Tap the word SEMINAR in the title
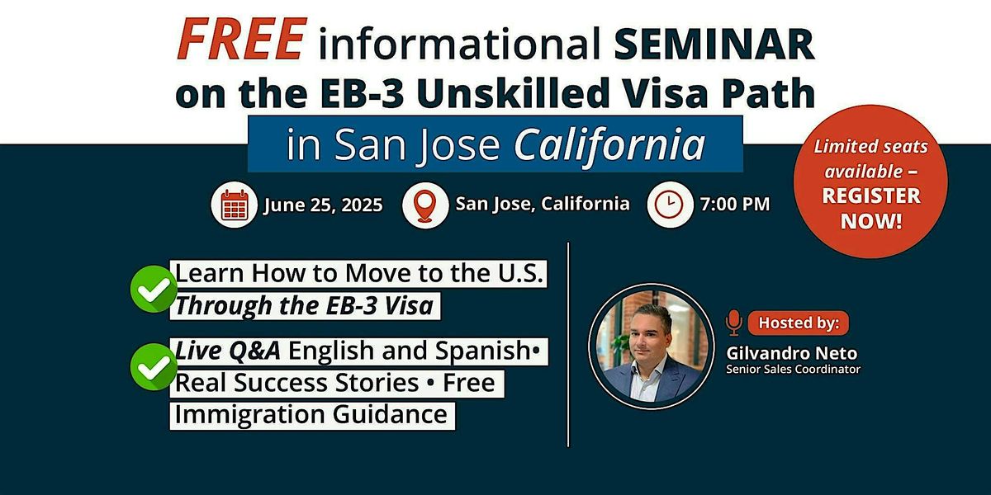pos(714,44)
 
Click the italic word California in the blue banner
pos(609,144)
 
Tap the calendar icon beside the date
pos(234,205)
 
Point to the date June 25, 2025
pos(324,205)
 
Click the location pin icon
pos(425,205)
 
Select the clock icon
pos(670,205)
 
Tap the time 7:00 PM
pos(735,205)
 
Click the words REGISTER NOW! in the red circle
pos(871,209)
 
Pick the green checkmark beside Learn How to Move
pos(154,289)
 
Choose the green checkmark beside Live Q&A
pos(154,367)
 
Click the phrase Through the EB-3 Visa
pos(305,306)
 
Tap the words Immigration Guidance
pos(311,415)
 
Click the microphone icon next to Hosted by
pos(734,323)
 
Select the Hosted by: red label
pos(799,323)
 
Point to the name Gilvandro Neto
pos(792,353)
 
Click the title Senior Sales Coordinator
pos(794,369)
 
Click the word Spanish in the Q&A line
pos(482,351)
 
